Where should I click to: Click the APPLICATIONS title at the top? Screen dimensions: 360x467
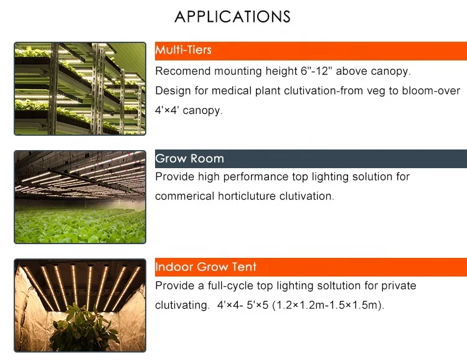pos(232,17)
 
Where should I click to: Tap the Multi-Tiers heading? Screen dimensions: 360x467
pos(183,50)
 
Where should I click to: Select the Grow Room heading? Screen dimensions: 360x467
pos(189,158)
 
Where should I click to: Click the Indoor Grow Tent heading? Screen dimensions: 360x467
pos(205,267)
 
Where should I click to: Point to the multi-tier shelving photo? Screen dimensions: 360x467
pos(80,88)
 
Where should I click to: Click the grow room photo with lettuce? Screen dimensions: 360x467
pos(80,197)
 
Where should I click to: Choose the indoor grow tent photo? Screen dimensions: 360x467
pos(80,306)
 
